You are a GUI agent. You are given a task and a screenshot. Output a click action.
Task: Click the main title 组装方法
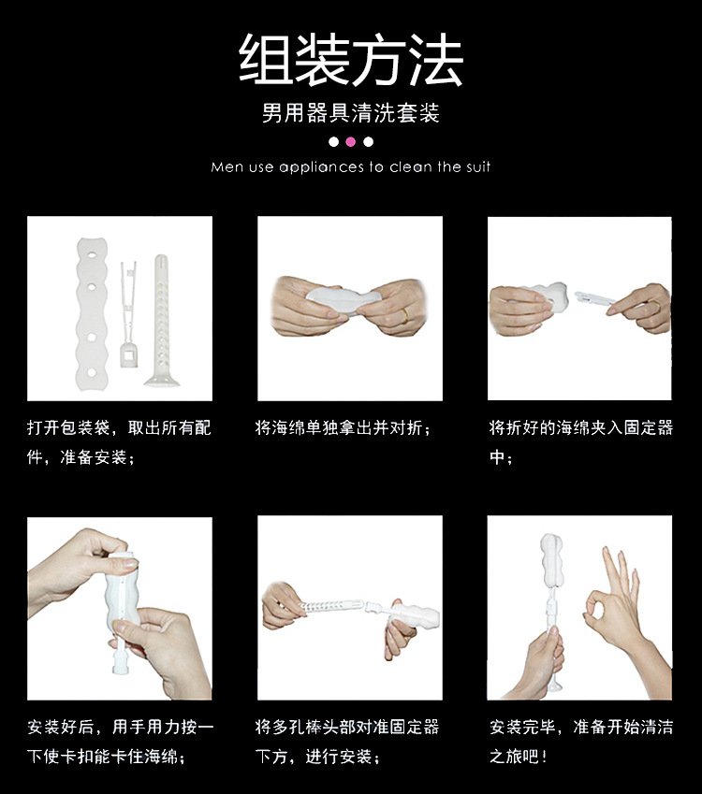pyautogui.click(x=351, y=60)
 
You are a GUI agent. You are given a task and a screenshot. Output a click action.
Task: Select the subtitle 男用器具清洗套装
pyautogui.click(x=351, y=112)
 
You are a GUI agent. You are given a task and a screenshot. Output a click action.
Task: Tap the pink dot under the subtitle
pyautogui.click(x=351, y=142)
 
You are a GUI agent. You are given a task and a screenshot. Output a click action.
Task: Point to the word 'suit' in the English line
pyautogui.click(x=478, y=166)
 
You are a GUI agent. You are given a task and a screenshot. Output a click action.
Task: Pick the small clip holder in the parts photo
pyautogui.click(x=127, y=314)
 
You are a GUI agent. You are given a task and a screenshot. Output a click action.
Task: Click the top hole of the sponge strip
pyautogui.click(x=92, y=255)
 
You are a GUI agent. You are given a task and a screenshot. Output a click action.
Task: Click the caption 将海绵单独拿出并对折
pyautogui.click(x=344, y=428)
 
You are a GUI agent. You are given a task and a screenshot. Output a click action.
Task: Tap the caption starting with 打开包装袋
pyautogui.click(x=119, y=442)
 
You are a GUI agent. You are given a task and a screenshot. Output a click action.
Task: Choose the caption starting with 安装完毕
pyautogui.click(x=581, y=742)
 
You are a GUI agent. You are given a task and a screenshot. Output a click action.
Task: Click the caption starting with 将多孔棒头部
pyautogui.click(x=346, y=742)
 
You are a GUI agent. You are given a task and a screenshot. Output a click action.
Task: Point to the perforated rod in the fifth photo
pyautogui.click(x=333, y=604)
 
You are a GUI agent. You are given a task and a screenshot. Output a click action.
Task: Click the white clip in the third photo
pyautogui.click(x=594, y=297)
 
